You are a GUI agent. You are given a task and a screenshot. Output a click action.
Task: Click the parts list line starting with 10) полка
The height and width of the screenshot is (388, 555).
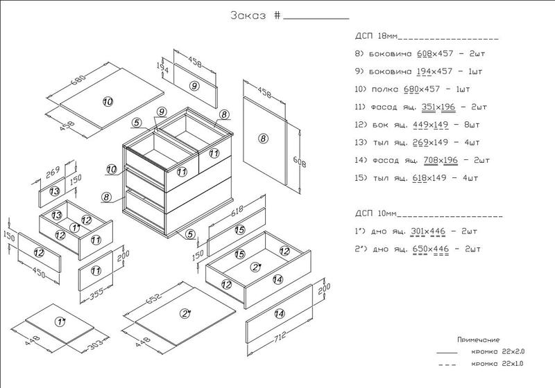[x=413, y=90]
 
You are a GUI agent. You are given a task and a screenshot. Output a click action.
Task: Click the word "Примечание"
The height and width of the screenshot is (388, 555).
[x=479, y=340]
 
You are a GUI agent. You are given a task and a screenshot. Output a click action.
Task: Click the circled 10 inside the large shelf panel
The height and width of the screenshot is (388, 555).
[x=108, y=102]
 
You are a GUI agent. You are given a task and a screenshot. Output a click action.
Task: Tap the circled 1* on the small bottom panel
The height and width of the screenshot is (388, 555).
[x=60, y=322]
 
